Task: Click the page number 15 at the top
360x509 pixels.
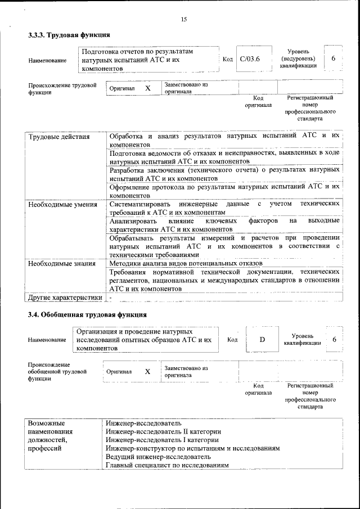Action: click(x=183, y=20)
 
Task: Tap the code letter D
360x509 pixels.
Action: click(x=262, y=339)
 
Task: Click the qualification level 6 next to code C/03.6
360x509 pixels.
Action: click(x=334, y=59)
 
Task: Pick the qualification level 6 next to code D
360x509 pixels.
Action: click(x=334, y=339)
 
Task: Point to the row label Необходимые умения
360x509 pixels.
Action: click(x=62, y=204)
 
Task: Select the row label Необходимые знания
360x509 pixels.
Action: click(x=61, y=263)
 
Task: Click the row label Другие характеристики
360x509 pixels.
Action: click(x=65, y=298)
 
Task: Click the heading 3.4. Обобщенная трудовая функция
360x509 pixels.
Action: click(x=87, y=314)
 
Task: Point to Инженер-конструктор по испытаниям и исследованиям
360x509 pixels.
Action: click(x=193, y=448)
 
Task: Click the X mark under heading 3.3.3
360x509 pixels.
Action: click(x=148, y=88)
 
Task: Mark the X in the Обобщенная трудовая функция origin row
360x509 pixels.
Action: click(x=147, y=371)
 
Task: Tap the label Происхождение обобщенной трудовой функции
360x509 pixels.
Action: click(x=57, y=372)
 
